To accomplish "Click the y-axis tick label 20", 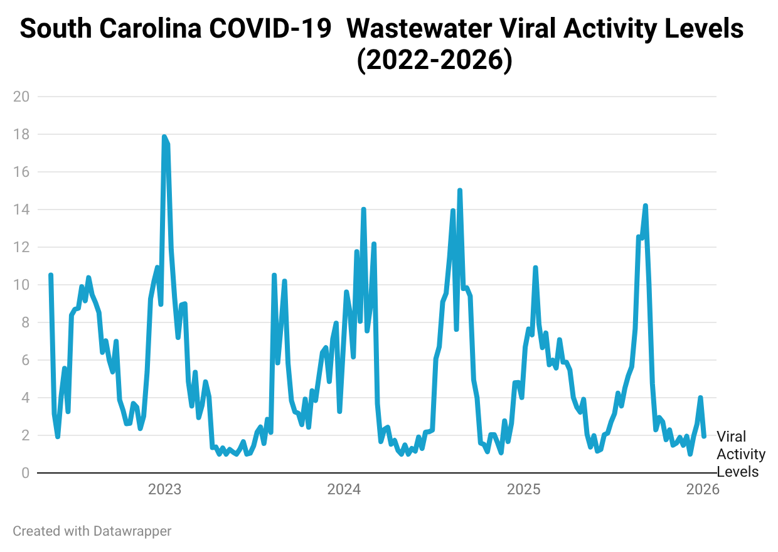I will [x=21, y=97].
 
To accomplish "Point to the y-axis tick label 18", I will [x=21, y=134].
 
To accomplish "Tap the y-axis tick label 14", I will [x=21, y=210].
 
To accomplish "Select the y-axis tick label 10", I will [x=21, y=285].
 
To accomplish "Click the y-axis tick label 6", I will [x=24, y=360].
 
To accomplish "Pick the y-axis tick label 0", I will [x=24, y=473].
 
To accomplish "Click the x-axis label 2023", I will [x=164, y=490].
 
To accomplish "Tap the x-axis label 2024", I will [x=344, y=490].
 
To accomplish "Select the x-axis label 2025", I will [x=523, y=490].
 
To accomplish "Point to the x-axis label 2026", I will [x=703, y=490].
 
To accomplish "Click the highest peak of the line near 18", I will [x=164, y=137].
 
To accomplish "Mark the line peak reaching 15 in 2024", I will [x=460, y=190].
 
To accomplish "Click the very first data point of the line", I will [x=51, y=275].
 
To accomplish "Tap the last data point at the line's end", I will [x=704, y=436].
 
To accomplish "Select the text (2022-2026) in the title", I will [x=434, y=61].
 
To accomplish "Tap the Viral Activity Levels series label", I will [x=740, y=454].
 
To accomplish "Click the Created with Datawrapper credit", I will [x=92, y=531].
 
